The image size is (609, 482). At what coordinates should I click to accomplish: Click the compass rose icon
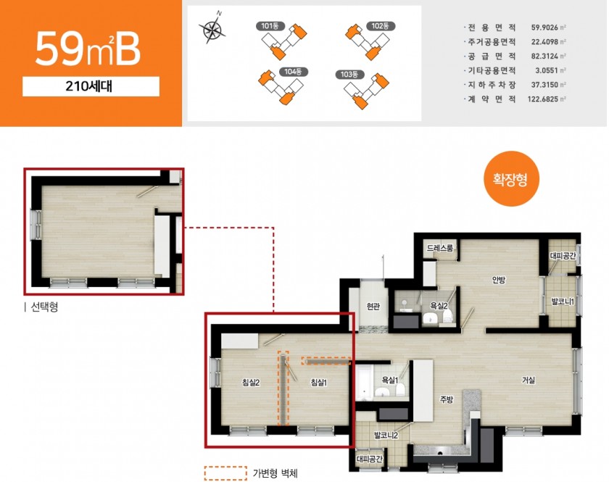pos(212,28)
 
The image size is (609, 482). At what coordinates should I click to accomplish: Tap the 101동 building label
pos(270,26)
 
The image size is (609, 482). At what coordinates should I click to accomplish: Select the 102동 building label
pos(381,26)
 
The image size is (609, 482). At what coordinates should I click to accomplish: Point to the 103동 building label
pos(349,74)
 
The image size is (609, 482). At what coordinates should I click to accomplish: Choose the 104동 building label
pos(294,72)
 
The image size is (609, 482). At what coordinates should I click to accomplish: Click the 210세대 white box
pos(91,86)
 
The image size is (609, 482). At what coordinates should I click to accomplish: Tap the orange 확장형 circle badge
pos(511,179)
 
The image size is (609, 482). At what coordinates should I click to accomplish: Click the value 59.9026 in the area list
pos(544,28)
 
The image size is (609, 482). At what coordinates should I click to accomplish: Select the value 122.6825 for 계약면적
pos(542,99)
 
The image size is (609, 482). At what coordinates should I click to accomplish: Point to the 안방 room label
pos(499,280)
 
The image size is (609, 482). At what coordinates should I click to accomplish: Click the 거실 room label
pos(529,380)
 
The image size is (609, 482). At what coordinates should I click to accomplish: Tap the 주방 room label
pos(447,399)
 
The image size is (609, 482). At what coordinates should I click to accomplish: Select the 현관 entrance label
pos(373,307)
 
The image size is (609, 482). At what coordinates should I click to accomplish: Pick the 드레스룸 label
pos(439,248)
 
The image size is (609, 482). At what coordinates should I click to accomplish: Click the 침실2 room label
pos(251,383)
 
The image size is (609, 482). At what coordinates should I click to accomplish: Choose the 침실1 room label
pos(319,383)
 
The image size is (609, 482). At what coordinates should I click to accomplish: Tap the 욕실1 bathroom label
pos(390,380)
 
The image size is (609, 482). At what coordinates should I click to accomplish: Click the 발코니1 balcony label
pos(563,302)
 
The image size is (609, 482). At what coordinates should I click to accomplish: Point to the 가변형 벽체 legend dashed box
pos(225,473)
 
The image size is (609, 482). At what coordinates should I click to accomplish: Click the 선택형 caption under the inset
pos(44,307)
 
